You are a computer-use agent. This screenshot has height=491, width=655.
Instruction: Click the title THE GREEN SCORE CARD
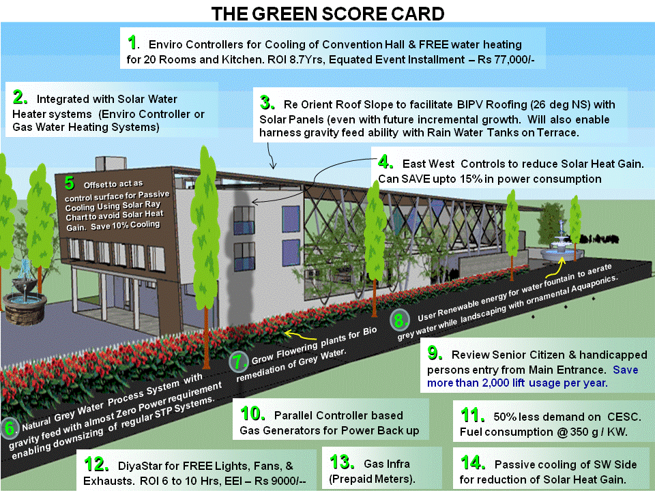[327, 14]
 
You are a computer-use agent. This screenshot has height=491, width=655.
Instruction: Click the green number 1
[133, 42]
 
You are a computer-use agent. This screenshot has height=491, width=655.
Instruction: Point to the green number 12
[96, 464]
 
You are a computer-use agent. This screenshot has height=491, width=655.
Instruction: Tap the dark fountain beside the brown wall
[25, 300]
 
